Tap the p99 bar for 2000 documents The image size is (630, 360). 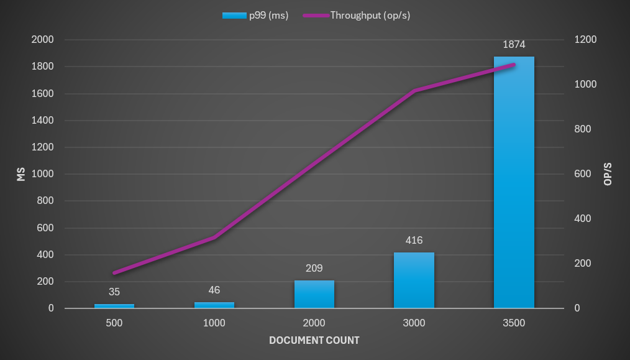tap(314, 294)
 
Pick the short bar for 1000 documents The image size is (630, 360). tap(214, 305)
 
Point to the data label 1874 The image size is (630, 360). tap(514, 45)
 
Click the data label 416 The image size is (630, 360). tap(414, 241)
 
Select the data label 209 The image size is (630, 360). tap(314, 269)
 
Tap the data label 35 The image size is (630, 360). tap(114, 292)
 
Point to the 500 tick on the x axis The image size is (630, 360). tap(114, 323)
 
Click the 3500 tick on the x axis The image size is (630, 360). tap(514, 323)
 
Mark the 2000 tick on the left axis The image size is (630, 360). tap(43, 40)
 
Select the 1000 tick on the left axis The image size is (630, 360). tap(43, 174)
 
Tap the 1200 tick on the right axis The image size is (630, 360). tap(585, 40)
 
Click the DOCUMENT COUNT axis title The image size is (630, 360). tap(314, 340)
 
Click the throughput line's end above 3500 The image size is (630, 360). tap(514, 65)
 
